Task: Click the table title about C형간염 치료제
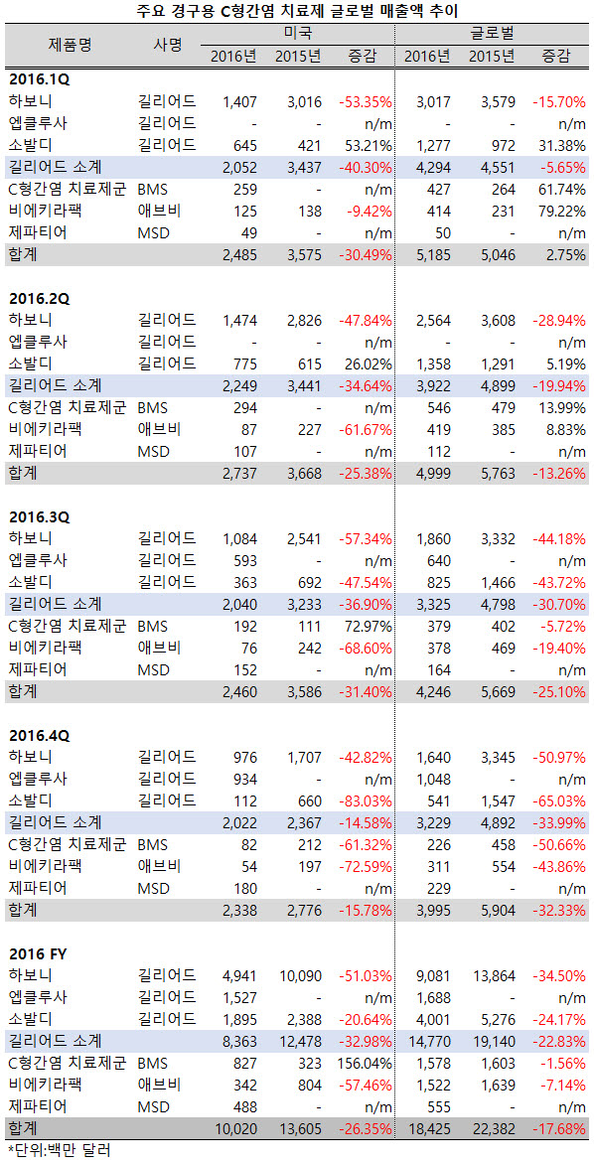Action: coord(297,10)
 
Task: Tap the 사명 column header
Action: coord(168,45)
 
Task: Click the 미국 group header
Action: coord(298,34)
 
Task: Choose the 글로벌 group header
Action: coord(495,34)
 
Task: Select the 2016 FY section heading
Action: coord(39,952)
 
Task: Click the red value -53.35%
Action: coord(366,101)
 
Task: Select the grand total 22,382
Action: coord(493,1129)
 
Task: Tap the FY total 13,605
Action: coord(299,1129)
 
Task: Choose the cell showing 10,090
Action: coord(299,974)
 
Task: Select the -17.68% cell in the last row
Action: coord(559,1129)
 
